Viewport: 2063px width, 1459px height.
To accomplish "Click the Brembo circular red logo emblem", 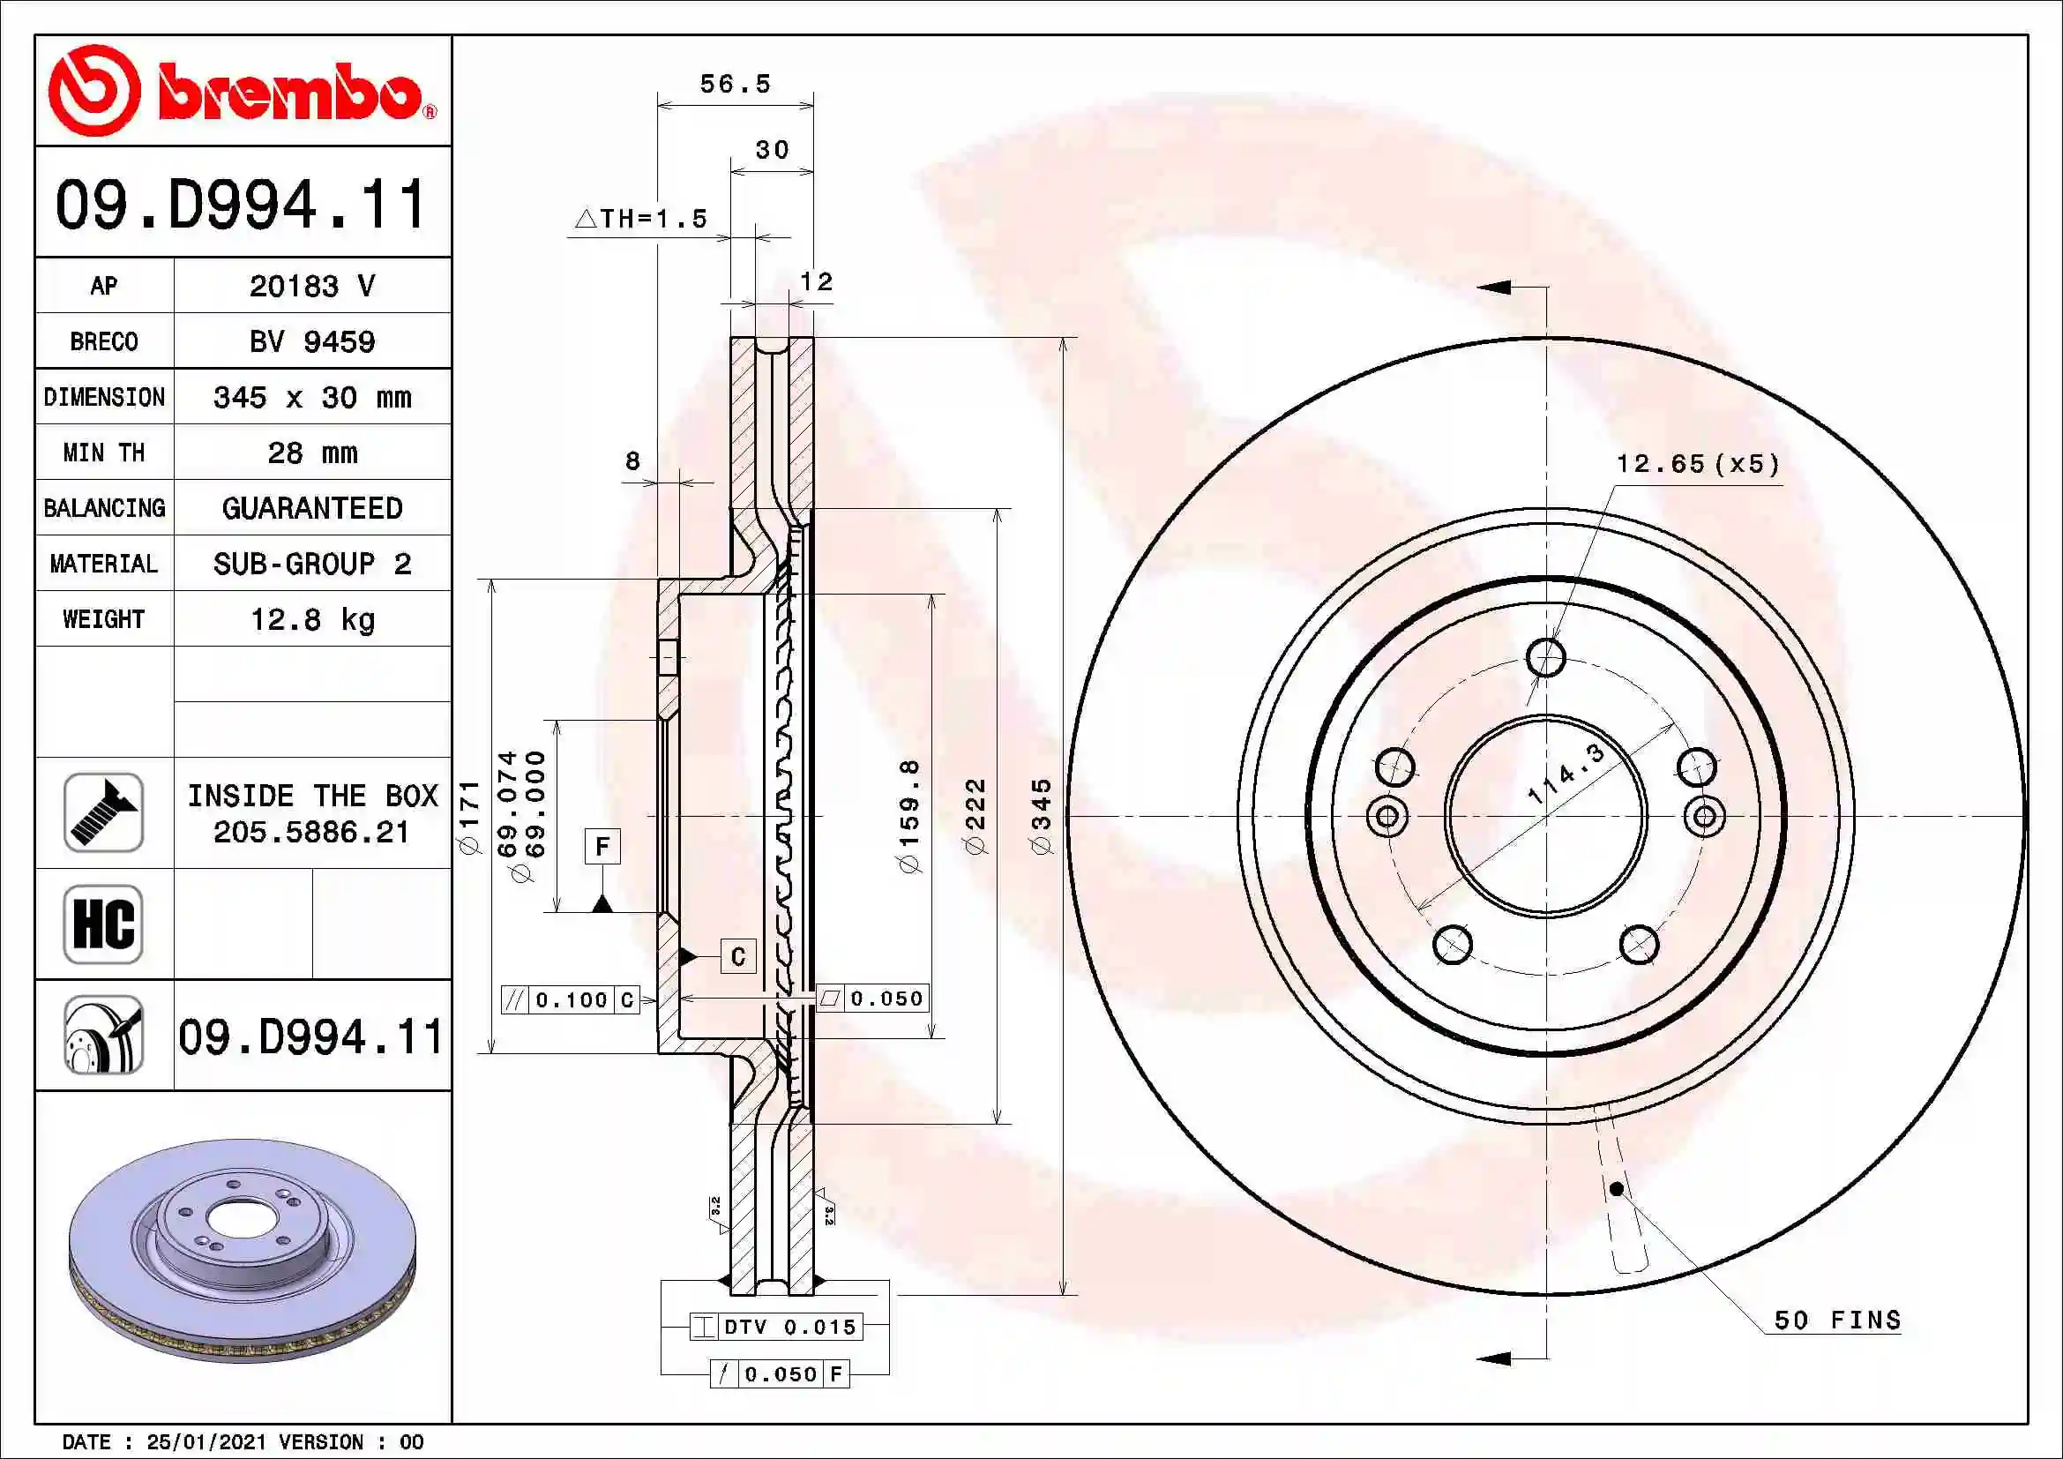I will [94, 90].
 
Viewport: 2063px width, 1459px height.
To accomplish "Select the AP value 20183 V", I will [311, 286].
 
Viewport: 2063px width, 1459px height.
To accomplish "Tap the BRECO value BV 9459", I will [311, 341].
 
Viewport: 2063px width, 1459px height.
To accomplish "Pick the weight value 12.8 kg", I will [311, 619].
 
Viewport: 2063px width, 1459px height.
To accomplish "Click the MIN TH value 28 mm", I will [311, 453].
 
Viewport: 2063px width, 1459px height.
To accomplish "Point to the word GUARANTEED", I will [311, 508].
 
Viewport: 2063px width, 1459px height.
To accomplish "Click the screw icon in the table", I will [103, 812].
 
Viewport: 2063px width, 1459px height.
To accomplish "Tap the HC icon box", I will [103, 924].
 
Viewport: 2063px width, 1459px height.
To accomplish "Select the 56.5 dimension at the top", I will [735, 85].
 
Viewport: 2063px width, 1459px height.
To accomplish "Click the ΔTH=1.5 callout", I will [641, 218].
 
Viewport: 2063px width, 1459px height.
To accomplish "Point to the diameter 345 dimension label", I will [1041, 816].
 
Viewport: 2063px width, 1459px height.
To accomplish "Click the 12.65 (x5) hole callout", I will [1697, 464].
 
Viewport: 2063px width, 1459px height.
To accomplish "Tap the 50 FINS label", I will [1837, 1320].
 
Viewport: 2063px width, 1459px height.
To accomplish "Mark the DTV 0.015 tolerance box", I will [776, 1327].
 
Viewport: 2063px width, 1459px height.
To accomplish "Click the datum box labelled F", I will [602, 846].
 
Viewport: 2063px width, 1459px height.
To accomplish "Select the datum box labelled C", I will [737, 956].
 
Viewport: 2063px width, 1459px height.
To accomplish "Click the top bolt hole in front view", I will [1545, 657].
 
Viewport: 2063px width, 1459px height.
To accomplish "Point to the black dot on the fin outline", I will [1616, 1188].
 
